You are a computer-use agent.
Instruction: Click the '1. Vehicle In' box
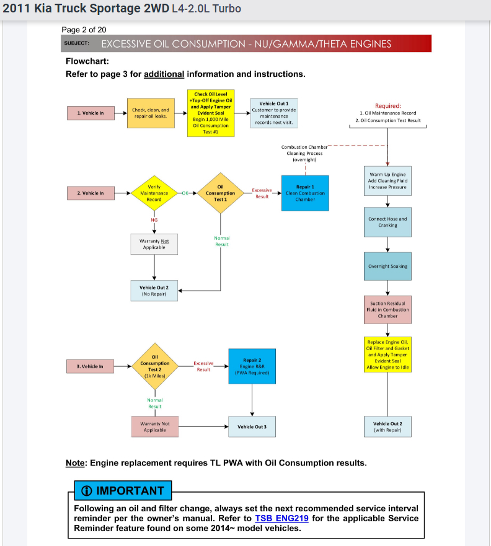(x=91, y=113)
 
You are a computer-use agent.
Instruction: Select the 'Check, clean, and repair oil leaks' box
(x=150, y=113)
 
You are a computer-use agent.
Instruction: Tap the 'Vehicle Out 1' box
(x=274, y=113)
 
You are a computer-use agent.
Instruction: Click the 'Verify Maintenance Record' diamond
(x=154, y=193)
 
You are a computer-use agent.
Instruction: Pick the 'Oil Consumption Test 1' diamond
(x=221, y=193)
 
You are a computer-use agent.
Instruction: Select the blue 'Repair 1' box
(x=305, y=193)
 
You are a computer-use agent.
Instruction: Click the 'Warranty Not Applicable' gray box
(x=154, y=244)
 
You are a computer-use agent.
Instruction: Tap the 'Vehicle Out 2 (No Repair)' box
(x=154, y=291)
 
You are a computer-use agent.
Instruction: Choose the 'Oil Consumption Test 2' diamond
(x=154, y=366)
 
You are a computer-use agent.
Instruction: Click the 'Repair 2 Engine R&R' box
(x=252, y=366)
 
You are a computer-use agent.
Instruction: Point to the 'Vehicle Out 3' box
(x=252, y=426)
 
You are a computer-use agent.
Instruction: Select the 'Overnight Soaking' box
(x=387, y=266)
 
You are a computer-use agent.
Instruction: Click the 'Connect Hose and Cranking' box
(x=387, y=222)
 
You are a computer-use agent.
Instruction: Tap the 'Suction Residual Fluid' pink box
(x=387, y=309)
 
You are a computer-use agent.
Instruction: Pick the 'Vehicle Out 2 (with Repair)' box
(x=387, y=426)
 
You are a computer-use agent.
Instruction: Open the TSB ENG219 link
(x=281, y=518)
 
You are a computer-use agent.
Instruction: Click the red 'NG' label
(x=154, y=219)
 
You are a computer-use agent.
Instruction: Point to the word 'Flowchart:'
(x=87, y=61)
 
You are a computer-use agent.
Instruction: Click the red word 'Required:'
(x=388, y=105)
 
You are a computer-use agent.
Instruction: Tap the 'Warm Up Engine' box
(x=387, y=180)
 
